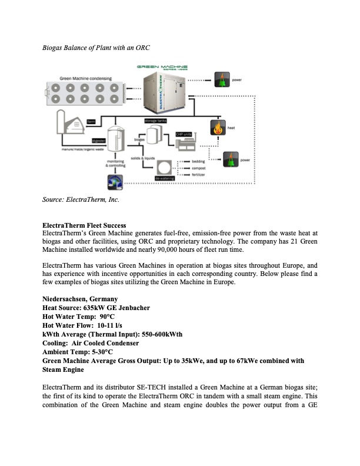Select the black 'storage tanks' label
tap(155, 119)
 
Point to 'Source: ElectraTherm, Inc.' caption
tap(81, 200)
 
